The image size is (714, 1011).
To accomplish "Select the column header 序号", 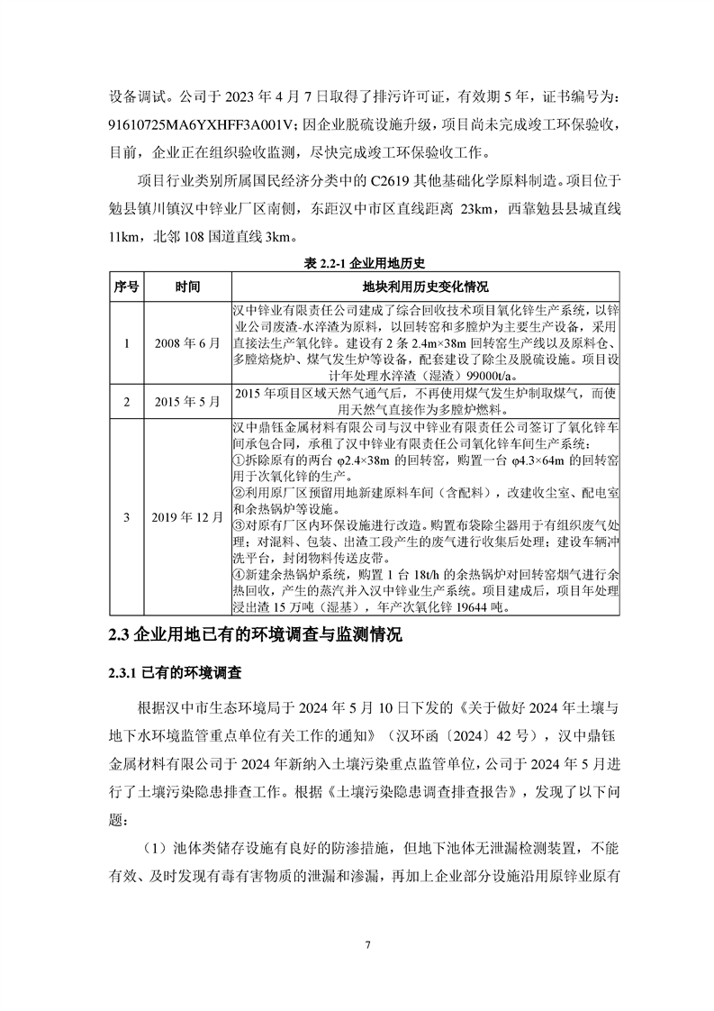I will click(126, 287).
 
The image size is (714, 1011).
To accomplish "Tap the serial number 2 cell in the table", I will click(126, 400).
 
